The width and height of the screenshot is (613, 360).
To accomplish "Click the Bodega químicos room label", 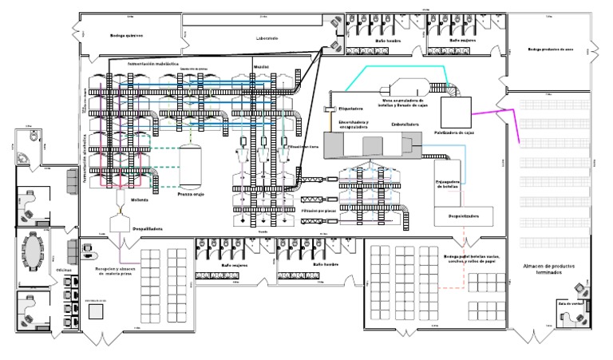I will pyautogui.click(x=126, y=35).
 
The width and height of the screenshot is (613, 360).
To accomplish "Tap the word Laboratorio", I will pyautogui.click(x=266, y=38).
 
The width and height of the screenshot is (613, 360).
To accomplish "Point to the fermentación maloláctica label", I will pyautogui.click(x=153, y=61).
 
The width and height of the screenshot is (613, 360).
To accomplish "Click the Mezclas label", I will pyautogui.click(x=261, y=66).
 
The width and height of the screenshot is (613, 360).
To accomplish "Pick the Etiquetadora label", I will pyautogui.click(x=351, y=108).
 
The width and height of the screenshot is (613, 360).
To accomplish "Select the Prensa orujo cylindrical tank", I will pyautogui.click(x=191, y=164).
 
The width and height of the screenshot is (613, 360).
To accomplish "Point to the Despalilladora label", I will pyautogui.click(x=148, y=228).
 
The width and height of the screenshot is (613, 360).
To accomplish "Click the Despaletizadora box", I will pyautogui.click(x=463, y=216).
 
